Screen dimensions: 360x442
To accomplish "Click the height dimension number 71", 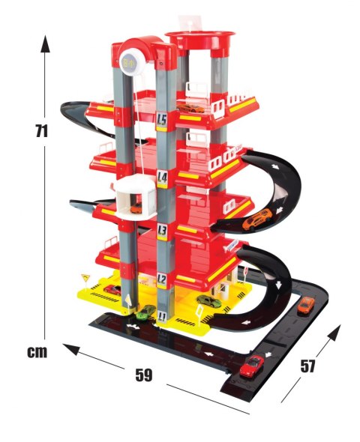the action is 42,131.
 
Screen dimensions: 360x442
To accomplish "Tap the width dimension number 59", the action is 144,375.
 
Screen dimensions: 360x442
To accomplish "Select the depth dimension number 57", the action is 307,366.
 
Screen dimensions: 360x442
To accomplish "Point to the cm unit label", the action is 37,352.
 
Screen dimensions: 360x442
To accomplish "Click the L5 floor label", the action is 162,120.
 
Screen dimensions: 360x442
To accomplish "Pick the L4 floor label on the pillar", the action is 162,178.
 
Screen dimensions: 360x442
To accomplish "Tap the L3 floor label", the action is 162,230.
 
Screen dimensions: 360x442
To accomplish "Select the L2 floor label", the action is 162,279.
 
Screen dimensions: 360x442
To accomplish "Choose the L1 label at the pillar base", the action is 162,317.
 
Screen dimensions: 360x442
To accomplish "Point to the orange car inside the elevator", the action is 136,208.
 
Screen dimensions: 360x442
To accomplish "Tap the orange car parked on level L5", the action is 190,108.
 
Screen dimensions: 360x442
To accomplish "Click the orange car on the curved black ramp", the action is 257,219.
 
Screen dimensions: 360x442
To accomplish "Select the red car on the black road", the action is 252,366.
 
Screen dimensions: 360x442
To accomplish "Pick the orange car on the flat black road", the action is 306,304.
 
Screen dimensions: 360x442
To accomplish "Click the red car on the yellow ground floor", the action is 112,290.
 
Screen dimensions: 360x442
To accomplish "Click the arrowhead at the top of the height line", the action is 45,43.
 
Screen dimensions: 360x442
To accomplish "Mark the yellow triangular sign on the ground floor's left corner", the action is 85,277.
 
